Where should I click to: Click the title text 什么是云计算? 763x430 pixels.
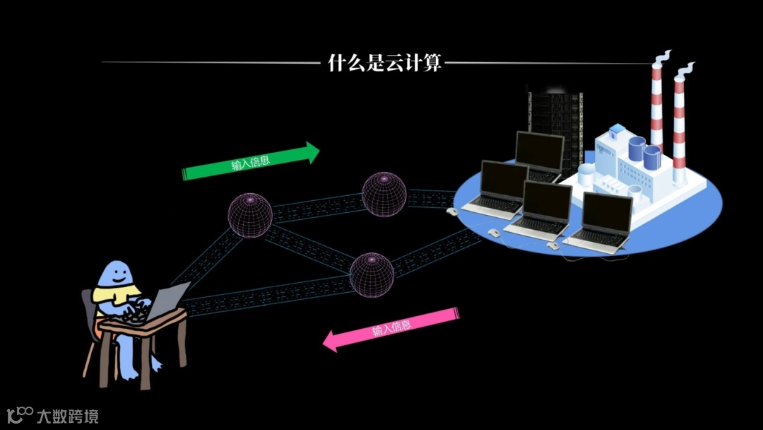point(385,63)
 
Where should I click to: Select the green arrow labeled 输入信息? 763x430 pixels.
point(251,163)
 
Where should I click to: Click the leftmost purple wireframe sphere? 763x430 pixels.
point(250,215)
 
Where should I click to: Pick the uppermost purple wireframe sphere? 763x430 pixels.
point(384,192)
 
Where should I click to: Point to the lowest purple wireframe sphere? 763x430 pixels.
point(371,274)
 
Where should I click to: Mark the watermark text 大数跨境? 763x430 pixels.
point(68,416)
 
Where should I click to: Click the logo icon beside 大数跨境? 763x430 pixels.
point(19,414)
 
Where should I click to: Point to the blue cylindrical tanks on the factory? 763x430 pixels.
point(644,152)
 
